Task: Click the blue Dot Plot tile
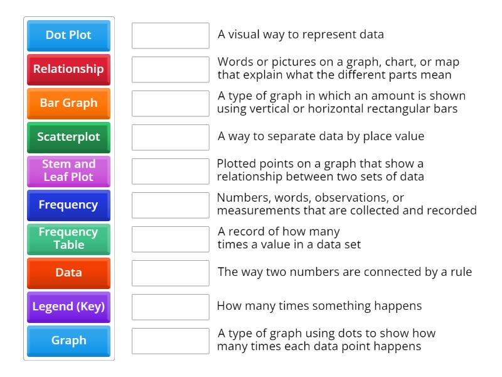pyautogui.click(x=68, y=35)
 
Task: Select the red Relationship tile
pyautogui.click(x=68, y=69)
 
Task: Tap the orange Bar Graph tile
pyautogui.click(x=68, y=103)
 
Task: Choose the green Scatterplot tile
pyautogui.click(x=68, y=137)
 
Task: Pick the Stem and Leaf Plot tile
pyautogui.click(x=68, y=171)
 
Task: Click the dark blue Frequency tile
pyautogui.click(x=68, y=205)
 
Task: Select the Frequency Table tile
pyautogui.click(x=68, y=239)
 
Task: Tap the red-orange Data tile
pyautogui.click(x=68, y=273)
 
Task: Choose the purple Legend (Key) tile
pyautogui.click(x=68, y=307)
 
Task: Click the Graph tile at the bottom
pyautogui.click(x=68, y=341)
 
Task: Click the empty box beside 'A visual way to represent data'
pyautogui.click(x=170, y=35)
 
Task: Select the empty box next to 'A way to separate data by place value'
pyautogui.click(x=170, y=137)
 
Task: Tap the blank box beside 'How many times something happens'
pyautogui.click(x=170, y=307)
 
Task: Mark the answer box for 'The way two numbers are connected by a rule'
pyautogui.click(x=170, y=273)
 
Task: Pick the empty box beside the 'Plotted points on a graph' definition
pyautogui.click(x=170, y=171)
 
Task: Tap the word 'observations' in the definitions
pyautogui.click(x=364, y=198)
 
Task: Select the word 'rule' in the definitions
pyautogui.click(x=460, y=272)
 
